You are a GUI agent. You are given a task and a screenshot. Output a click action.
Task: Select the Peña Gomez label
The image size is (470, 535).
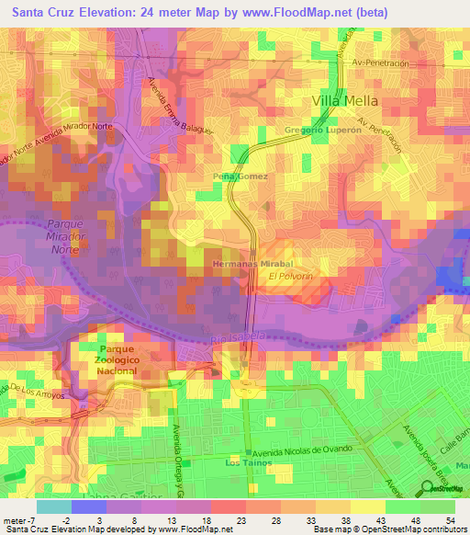click(x=241, y=176)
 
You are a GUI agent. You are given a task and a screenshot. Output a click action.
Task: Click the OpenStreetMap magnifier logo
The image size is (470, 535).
click(x=428, y=487)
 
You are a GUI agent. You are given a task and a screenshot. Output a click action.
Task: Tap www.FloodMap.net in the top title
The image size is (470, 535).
click(x=307, y=12)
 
